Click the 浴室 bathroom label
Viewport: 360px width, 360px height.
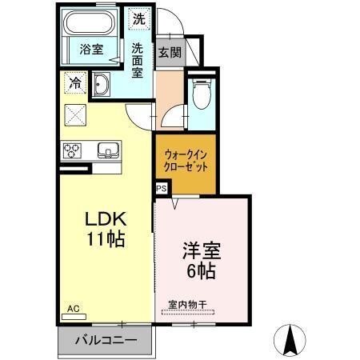90,49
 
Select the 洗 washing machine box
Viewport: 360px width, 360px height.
138,18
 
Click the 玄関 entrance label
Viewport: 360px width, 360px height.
168,53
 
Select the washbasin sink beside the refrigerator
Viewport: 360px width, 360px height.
102,85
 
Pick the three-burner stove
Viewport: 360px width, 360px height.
73,150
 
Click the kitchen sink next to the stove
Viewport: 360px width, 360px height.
107,150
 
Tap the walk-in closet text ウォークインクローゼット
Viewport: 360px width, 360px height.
185,162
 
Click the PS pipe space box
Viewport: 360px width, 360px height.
161,189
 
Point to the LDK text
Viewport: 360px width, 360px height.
106,218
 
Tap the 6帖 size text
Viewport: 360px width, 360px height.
201,270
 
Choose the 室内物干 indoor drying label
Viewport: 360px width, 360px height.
187,304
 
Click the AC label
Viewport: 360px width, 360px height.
73,308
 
